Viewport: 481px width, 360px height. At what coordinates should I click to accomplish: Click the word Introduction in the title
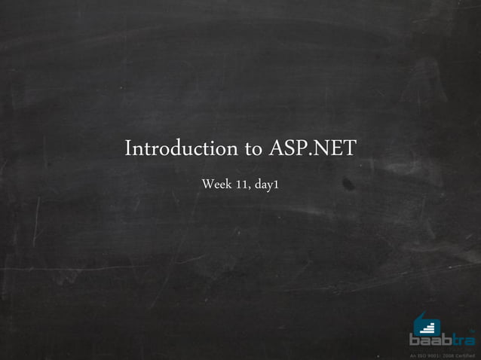click(181, 148)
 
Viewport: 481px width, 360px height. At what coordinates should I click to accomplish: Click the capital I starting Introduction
click(128, 148)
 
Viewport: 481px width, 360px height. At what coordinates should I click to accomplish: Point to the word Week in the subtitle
click(216, 184)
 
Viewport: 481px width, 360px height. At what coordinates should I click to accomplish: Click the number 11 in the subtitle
click(243, 184)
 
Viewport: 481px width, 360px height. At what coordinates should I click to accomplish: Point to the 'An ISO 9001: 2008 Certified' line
click(442, 354)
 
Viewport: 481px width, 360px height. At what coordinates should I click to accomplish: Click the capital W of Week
click(207, 184)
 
